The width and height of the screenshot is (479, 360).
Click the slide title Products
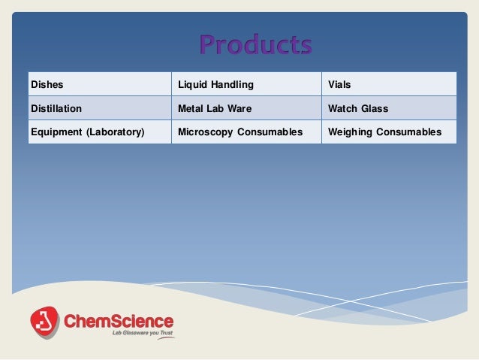coord(255,45)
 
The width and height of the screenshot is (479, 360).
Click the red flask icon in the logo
coord(44,322)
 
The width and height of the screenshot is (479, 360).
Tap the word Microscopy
coord(204,132)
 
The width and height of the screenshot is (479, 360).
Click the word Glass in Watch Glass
coord(374,108)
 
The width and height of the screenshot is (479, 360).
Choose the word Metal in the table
coord(191,108)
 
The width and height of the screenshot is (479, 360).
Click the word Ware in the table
coord(239,108)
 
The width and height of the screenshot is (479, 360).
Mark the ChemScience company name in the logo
coord(119,319)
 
